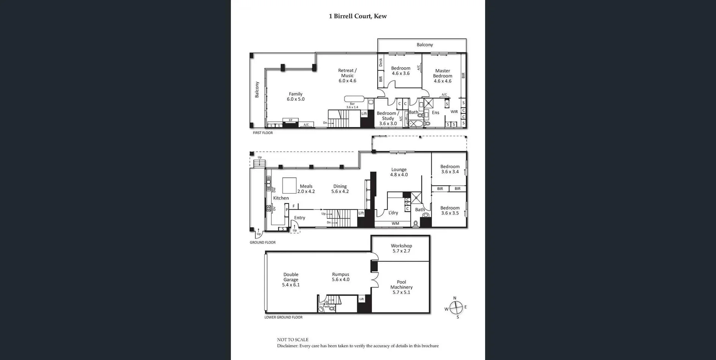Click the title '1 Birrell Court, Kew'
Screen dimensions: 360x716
(358, 16)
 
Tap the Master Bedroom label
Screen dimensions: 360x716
(442, 76)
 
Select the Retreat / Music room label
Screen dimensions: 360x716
(347, 75)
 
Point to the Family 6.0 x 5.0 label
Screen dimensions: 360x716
(295, 97)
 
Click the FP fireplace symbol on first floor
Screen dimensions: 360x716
(291, 120)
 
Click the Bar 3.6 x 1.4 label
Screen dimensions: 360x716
(352, 106)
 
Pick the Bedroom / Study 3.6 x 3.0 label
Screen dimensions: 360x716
(388, 118)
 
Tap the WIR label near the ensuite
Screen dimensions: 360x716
(454, 112)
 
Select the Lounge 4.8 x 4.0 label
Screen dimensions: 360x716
(399, 172)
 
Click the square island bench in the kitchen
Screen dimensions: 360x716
(289, 185)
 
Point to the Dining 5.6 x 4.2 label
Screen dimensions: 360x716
(340, 189)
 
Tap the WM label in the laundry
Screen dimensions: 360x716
(395, 224)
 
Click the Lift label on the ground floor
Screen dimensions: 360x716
(361, 213)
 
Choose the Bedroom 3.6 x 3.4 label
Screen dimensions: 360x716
(450, 169)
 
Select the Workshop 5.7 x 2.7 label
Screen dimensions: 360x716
(401, 248)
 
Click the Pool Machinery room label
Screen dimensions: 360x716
(401, 287)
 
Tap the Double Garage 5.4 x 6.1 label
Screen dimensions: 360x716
(291, 279)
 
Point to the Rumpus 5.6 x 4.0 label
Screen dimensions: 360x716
(340, 277)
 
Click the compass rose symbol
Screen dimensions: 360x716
(456, 308)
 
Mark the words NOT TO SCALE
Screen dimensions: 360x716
(293, 339)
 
